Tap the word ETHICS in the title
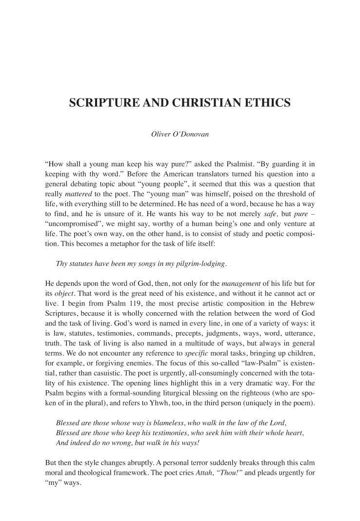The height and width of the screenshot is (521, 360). point(267,103)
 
